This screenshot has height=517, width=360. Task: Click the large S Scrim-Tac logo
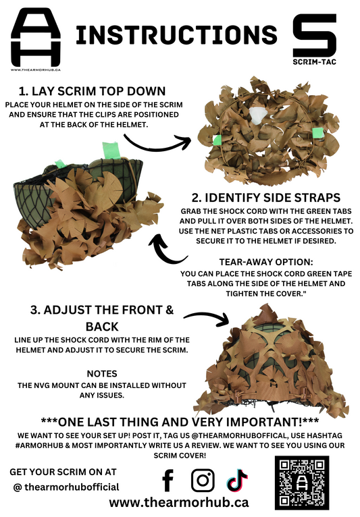click(314, 34)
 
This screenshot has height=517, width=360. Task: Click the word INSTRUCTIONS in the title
click(176, 35)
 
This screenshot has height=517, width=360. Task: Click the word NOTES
click(102, 373)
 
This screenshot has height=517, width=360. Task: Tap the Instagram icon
click(202, 481)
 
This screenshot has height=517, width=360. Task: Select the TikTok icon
click(237, 481)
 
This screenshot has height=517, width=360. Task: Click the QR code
click(302, 482)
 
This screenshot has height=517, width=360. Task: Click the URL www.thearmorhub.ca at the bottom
click(178, 503)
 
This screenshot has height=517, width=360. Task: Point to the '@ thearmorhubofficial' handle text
click(66, 487)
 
